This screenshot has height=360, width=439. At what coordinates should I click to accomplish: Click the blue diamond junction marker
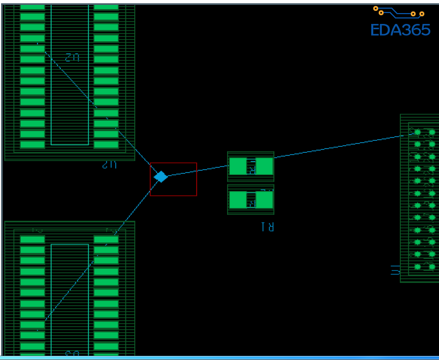pyautogui.click(x=160, y=177)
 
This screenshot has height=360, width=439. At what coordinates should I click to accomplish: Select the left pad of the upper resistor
pyautogui.click(x=237, y=166)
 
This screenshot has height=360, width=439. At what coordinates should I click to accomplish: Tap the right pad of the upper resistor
pyautogui.click(x=265, y=166)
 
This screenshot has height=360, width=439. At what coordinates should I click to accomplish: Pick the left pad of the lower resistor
pyautogui.click(x=237, y=200)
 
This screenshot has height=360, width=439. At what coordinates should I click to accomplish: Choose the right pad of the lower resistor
pyautogui.click(x=265, y=200)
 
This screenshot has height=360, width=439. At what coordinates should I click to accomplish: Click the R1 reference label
pyautogui.click(x=267, y=227)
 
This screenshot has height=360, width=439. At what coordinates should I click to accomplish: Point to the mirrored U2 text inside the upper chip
pyautogui.click(x=72, y=57)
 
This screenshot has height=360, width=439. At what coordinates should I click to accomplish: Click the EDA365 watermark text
pyautogui.click(x=400, y=30)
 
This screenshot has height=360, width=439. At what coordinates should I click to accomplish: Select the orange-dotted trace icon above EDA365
pyautogui.click(x=399, y=11)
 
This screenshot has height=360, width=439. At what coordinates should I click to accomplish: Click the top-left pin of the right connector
pyautogui.click(x=417, y=132)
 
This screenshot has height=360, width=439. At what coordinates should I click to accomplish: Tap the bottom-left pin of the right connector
pyautogui.click(x=417, y=266)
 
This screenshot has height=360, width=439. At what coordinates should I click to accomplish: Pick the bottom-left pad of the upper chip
pyautogui.click(x=33, y=145)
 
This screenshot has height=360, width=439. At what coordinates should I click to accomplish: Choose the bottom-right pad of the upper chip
pyautogui.click(x=106, y=145)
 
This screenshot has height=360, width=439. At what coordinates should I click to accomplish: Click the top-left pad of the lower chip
pyautogui.click(x=33, y=239)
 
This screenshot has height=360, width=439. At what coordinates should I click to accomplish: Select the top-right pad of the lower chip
pyautogui.click(x=106, y=239)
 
